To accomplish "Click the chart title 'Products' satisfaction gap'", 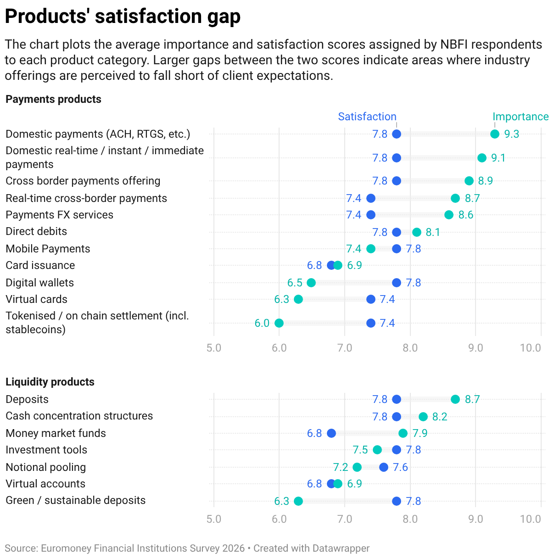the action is click(x=123, y=16).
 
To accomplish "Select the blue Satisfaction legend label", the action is click(x=367, y=117).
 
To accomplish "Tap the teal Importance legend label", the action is click(x=521, y=117).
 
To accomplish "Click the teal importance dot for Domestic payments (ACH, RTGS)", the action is click(x=495, y=134).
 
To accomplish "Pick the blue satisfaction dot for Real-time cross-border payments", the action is click(x=370, y=198).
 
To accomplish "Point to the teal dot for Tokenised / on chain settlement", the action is click(x=279, y=323).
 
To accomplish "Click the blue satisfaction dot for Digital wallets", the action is click(x=397, y=283).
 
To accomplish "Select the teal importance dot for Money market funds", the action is click(x=403, y=433).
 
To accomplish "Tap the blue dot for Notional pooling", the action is click(x=384, y=467).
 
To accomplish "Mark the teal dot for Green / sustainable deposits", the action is click(x=298, y=501).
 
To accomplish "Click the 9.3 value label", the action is click(x=511, y=134).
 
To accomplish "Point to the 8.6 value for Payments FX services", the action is click(x=466, y=215).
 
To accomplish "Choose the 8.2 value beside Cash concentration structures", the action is click(x=440, y=417).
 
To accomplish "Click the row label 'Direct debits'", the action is click(x=36, y=231).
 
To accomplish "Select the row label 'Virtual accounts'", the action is click(x=45, y=484).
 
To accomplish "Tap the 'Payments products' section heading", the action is click(x=53, y=99).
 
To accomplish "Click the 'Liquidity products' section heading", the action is click(x=50, y=382).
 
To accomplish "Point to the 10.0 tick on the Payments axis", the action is click(x=530, y=348).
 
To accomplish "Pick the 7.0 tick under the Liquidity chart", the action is click(x=345, y=519).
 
